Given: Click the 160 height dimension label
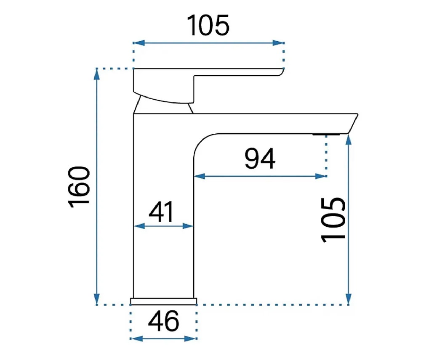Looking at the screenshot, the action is coord(79,187).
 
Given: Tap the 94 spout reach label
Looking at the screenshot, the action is coord(260,159).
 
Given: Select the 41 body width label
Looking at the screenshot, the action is coord(161,212).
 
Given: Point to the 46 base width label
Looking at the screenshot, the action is coord(163,321).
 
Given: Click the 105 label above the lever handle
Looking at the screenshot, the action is coord(208,25).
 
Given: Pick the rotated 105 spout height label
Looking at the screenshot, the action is coord(333,220).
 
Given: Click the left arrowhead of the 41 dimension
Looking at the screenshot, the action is coord(139,226).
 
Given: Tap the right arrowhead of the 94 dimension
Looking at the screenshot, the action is coord(321,176).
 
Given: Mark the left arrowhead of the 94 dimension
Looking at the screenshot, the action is coord(200,176).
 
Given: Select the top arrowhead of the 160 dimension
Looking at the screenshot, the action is coord(97,74).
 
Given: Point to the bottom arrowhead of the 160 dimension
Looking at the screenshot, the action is coord(97,299).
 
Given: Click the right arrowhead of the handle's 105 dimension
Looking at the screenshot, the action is coord(278,43).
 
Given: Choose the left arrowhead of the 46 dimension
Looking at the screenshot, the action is coord(137,339).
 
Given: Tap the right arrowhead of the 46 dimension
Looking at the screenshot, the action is coord(191,339).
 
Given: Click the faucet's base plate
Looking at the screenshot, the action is coord(163,301).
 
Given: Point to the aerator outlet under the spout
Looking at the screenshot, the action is coord(326,134).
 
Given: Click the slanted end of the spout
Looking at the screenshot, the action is coord(353,123).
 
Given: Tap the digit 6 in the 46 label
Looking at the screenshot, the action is coord(171,321).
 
